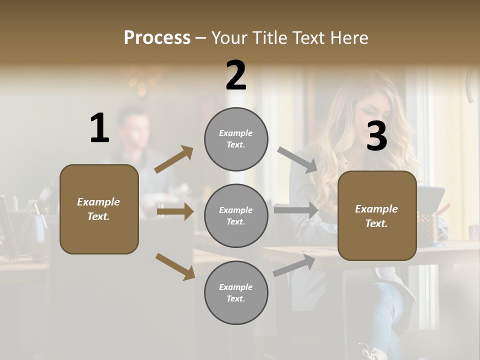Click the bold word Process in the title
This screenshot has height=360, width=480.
coord(157,38)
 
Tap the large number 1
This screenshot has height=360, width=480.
coord(99,128)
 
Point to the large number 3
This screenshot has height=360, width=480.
coord(376,136)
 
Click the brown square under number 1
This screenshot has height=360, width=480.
coord(99,209)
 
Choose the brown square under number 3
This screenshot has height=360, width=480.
coord(377,215)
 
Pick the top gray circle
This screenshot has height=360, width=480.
coord(236,139)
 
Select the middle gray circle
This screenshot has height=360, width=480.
coord(236,215)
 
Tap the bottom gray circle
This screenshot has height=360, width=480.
coord(236,292)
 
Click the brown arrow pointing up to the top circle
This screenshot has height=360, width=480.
coord(174,159)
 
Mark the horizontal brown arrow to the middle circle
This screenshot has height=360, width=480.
coord(175,211)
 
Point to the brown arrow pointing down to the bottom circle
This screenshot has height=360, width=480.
coord(175,266)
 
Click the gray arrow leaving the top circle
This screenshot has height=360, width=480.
coord(297,159)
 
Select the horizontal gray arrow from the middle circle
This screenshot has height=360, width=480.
coord(296,210)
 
